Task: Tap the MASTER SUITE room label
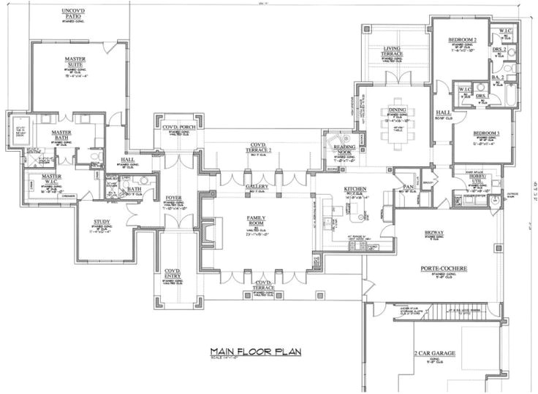74,62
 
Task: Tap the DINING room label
398,110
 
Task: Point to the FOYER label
174,196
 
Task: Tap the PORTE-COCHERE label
439,269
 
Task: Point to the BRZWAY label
434,233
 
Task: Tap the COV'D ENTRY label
173,272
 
